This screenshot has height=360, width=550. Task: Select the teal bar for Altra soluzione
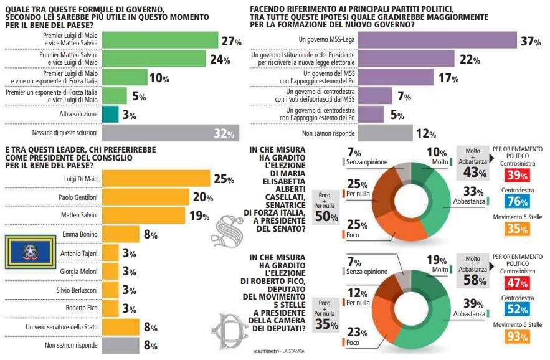point(109,114)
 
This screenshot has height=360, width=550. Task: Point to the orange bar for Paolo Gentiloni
point(145,197)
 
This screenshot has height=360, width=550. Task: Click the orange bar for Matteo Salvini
point(143,216)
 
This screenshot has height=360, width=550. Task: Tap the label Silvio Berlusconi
point(75,290)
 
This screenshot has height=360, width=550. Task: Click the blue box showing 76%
point(517,201)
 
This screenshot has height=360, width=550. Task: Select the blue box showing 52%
point(517,309)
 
